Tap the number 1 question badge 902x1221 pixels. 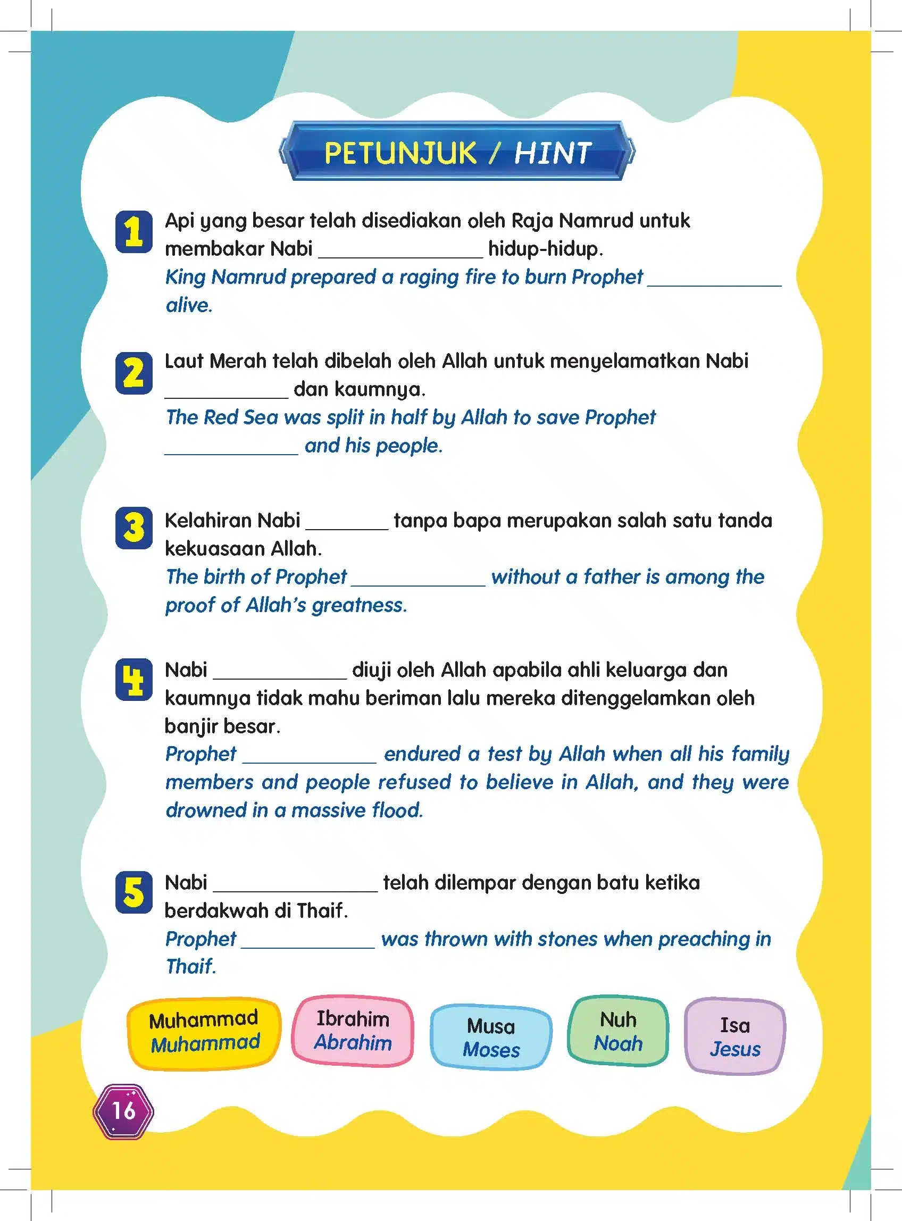134,232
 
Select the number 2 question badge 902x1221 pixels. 134,373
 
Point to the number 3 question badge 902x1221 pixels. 134,528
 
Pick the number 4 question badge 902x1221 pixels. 134,680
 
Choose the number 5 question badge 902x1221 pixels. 134,892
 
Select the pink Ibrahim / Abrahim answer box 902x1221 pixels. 353,1031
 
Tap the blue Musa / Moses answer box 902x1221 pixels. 491,1038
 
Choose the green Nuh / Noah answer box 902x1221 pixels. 618,1031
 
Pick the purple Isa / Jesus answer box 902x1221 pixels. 734,1036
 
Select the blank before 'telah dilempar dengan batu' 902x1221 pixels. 295,886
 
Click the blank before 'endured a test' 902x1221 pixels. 310,758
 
